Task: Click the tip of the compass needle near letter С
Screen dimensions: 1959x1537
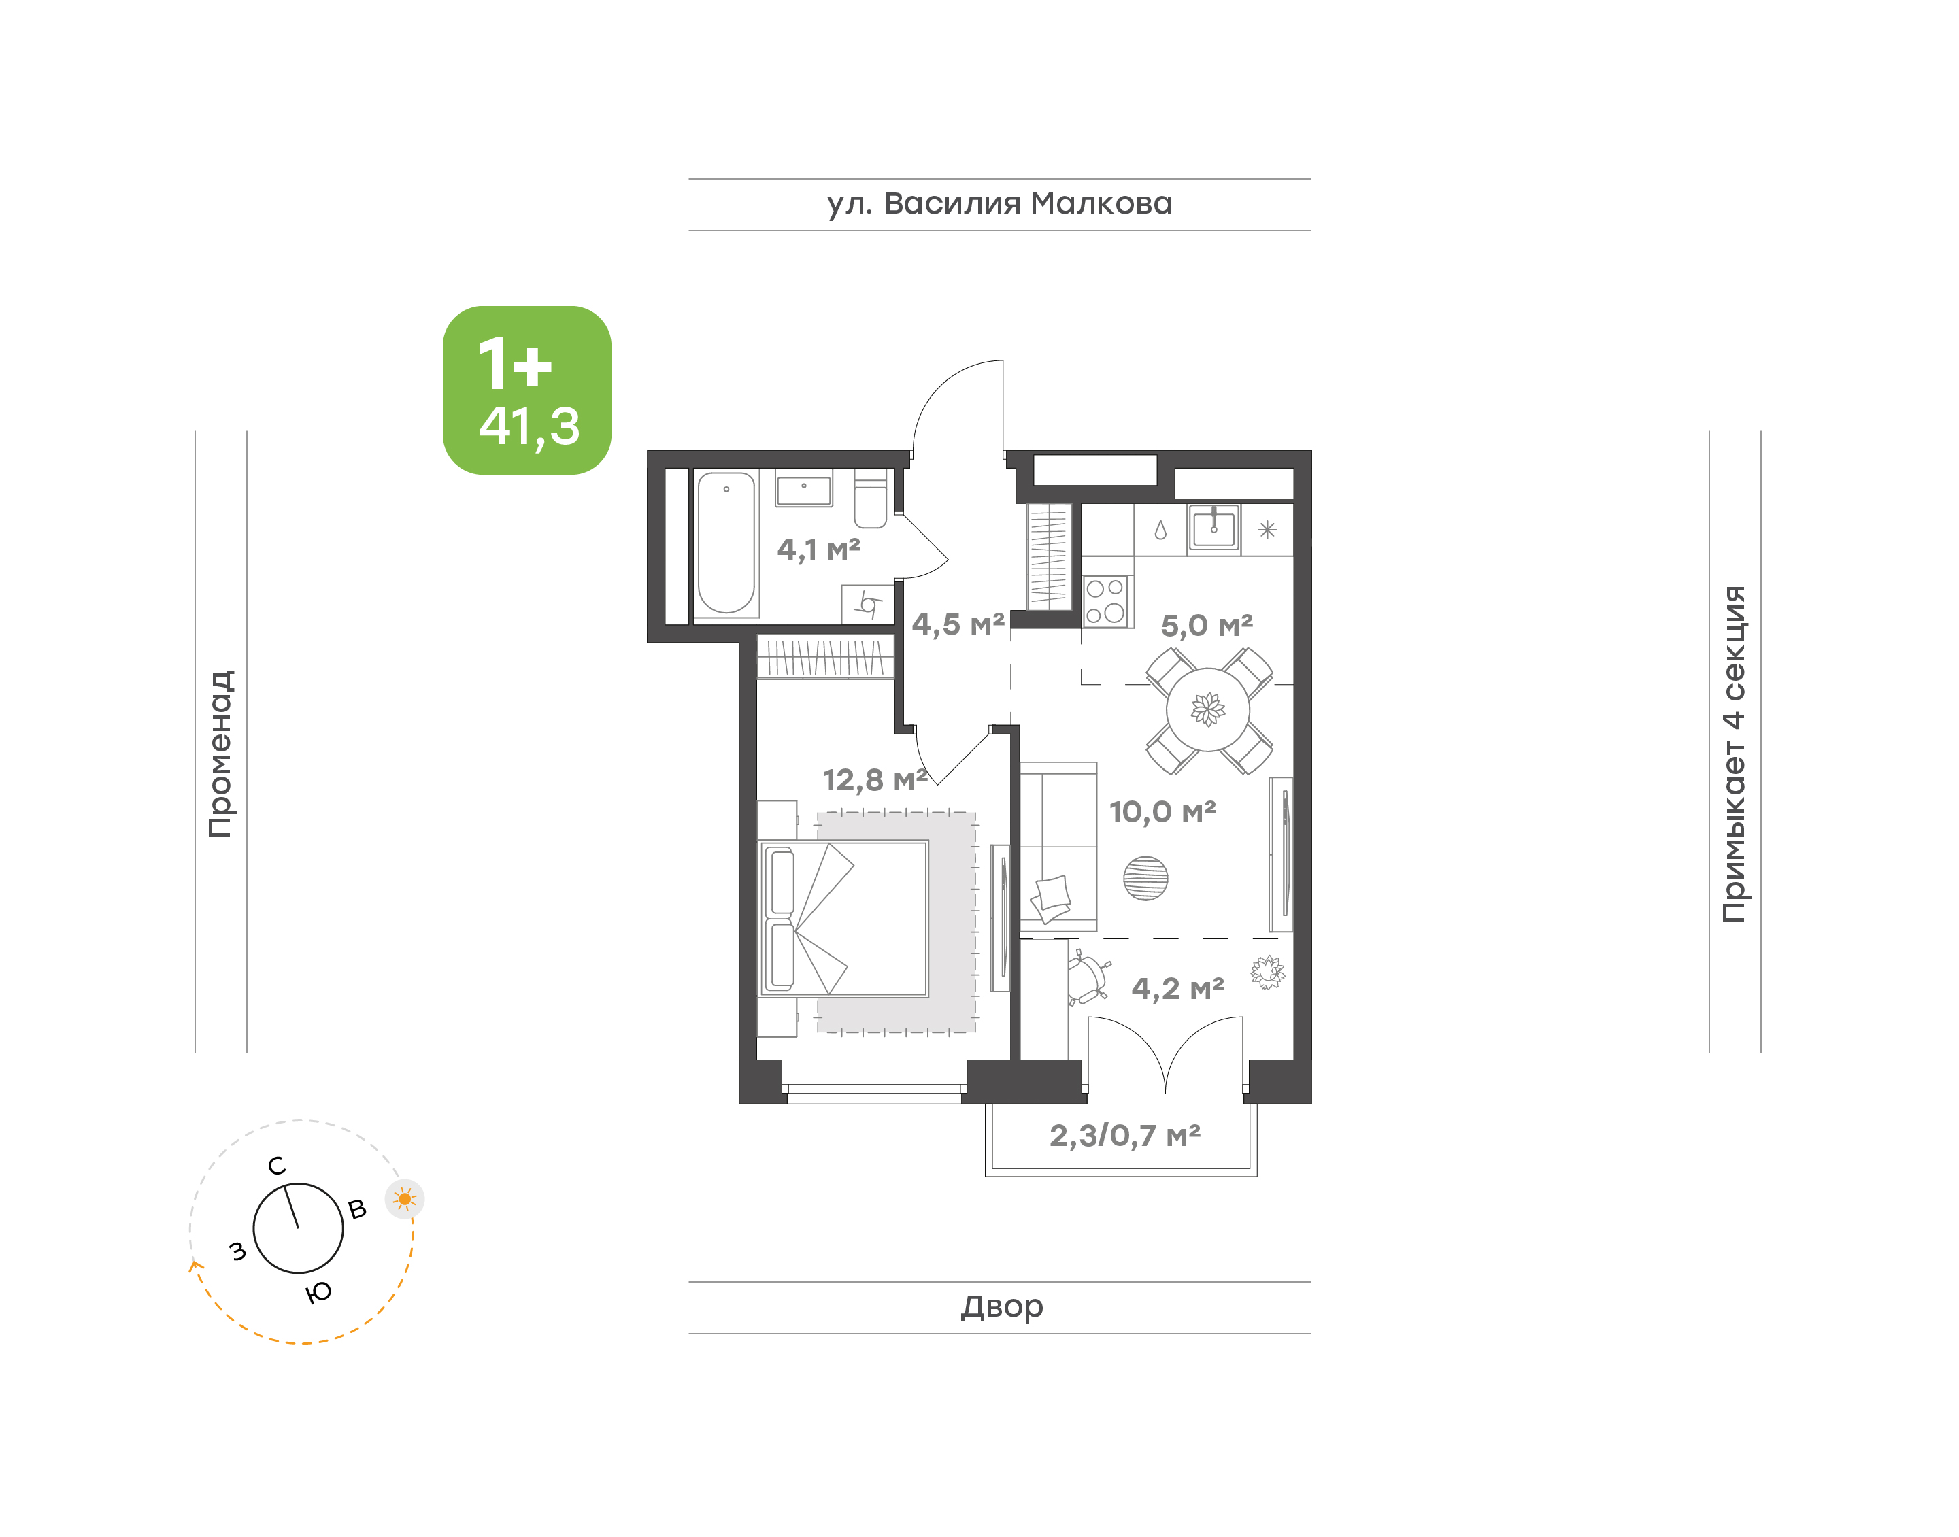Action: coord(287,1186)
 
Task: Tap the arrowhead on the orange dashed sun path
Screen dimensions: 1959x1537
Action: coord(193,1265)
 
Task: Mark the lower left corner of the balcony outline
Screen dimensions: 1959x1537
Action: coord(986,1176)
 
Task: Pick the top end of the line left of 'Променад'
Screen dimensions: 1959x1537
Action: coord(195,432)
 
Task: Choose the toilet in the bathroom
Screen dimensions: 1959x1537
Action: coord(870,499)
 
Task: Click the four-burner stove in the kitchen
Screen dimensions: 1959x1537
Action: coord(1106,601)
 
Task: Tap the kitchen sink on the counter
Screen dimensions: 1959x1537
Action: coord(1214,528)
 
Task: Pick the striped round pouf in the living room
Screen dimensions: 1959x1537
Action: coord(1145,877)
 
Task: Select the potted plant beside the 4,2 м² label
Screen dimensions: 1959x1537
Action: coord(1268,972)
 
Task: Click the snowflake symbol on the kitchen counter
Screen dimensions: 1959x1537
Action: coord(1267,530)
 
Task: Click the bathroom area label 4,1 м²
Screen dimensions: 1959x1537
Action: coord(819,549)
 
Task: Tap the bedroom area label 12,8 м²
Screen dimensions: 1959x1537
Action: coord(875,780)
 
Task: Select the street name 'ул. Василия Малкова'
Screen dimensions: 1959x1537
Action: coord(1000,204)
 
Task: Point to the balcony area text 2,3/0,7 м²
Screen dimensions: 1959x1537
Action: coord(1125,1136)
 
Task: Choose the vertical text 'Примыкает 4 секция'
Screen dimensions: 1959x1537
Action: coord(1734,754)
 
